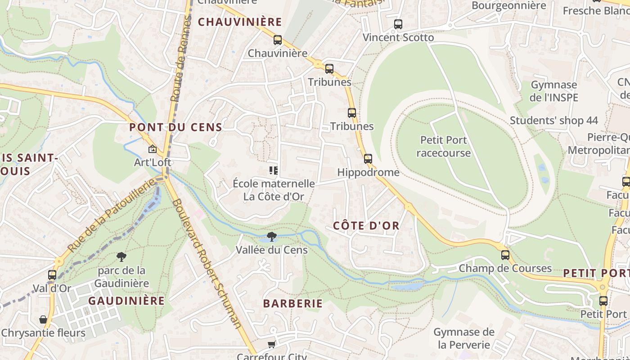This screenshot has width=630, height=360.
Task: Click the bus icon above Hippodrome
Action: [x=368, y=158]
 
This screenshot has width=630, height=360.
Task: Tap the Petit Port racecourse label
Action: [x=443, y=146]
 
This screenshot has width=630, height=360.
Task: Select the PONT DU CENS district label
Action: [x=175, y=127]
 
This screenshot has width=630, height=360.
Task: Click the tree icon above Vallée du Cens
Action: [x=271, y=237]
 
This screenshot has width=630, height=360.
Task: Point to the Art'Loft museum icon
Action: [x=153, y=148]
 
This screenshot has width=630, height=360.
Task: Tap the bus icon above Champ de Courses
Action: [x=505, y=255]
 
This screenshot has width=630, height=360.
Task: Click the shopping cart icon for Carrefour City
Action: [x=271, y=344]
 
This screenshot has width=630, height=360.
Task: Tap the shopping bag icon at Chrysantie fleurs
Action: [x=43, y=319]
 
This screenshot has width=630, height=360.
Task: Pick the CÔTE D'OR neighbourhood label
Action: [x=366, y=226]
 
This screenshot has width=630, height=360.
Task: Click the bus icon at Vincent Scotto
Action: [x=398, y=24]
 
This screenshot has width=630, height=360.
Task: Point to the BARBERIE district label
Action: [x=293, y=304]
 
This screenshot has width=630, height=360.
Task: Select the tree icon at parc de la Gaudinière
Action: [x=121, y=257]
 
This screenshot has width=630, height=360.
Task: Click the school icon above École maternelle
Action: [x=273, y=170]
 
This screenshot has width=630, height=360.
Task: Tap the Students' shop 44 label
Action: [x=553, y=121]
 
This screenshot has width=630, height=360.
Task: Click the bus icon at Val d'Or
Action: [x=52, y=274]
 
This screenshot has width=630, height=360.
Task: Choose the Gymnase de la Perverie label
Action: [x=463, y=338]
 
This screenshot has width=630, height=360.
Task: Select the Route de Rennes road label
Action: [x=179, y=58]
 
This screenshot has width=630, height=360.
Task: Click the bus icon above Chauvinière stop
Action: [x=278, y=40]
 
